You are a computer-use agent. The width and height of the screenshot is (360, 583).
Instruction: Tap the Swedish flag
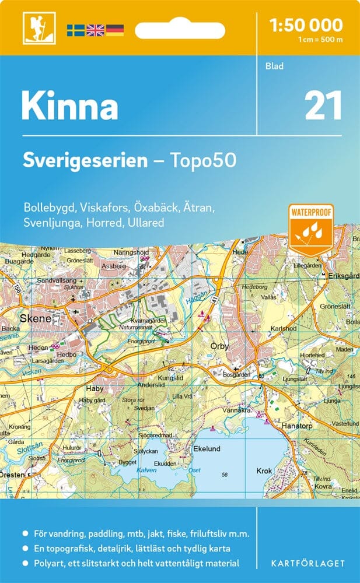75,29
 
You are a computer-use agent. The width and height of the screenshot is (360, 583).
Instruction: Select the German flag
114,29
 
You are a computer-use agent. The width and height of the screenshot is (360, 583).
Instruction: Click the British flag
95,29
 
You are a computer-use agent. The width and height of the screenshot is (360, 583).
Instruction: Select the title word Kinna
69,106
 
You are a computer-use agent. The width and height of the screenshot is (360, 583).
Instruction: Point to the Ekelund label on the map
207,449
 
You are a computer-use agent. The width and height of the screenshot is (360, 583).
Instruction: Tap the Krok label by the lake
264,470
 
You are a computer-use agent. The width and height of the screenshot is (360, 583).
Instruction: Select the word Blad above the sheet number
274,66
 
